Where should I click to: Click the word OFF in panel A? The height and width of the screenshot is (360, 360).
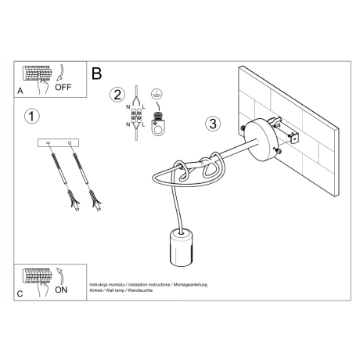[64, 87]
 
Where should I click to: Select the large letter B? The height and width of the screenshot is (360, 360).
[97, 74]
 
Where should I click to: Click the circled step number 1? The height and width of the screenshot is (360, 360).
[31, 117]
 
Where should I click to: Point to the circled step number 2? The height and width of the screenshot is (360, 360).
[117, 95]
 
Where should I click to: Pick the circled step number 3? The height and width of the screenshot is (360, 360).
[212, 124]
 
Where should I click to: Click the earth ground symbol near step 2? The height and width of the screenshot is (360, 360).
[160, 92]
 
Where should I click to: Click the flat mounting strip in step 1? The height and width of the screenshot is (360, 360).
[60, 143]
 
